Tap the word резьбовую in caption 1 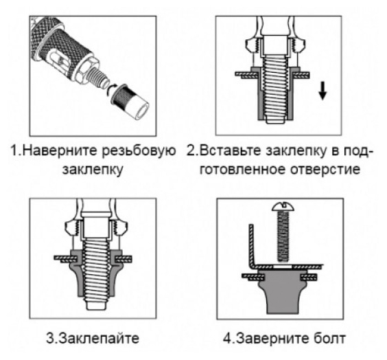139,151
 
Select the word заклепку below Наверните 93,170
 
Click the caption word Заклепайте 99,338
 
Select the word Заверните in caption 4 272,339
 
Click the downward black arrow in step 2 322,91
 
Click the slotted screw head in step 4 283,207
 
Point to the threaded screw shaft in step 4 283,236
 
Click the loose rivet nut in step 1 130,102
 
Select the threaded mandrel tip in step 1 99,76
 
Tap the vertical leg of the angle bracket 252,245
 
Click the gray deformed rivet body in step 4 283,291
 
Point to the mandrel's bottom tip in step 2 276,120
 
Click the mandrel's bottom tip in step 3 96,306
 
